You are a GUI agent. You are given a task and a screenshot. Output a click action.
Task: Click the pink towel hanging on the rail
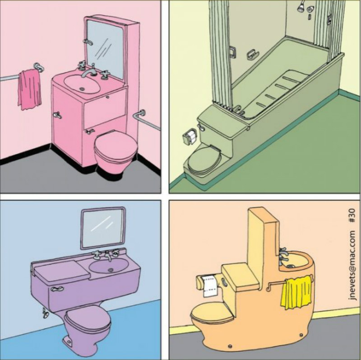click(29, 89)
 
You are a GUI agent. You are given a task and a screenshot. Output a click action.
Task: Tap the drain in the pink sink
click(82, 89)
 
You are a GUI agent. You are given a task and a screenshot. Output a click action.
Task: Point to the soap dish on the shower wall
click(253, 55)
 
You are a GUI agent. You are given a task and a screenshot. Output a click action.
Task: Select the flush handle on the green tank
click(201, 127)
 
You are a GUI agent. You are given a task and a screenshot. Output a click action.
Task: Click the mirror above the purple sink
click(103, 228)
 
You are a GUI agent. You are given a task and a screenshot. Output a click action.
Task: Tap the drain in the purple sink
click(111, 270)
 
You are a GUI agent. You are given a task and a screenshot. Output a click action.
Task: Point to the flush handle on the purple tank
click(57, 289)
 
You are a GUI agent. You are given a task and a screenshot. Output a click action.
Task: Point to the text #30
click(352, 216)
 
